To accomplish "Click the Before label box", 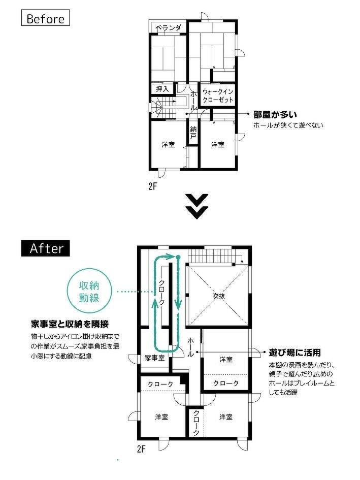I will [x=45, y=19].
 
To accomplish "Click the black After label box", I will [x=46, y=248].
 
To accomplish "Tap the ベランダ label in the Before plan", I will [x=168, y=28].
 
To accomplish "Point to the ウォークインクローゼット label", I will [x=217, y=96].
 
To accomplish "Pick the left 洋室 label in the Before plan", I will [x=168, y=145].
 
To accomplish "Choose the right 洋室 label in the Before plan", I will [x=218, y=145].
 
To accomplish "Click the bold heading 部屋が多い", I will [x=275, y=115].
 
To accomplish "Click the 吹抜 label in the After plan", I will [x=219, y=296].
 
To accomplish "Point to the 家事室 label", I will [x=154, y=358].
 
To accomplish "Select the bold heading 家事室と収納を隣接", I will [x=70, y=324].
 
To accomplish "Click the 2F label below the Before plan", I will [x=152, y=186].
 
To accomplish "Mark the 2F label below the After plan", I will [x=142, y=449].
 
